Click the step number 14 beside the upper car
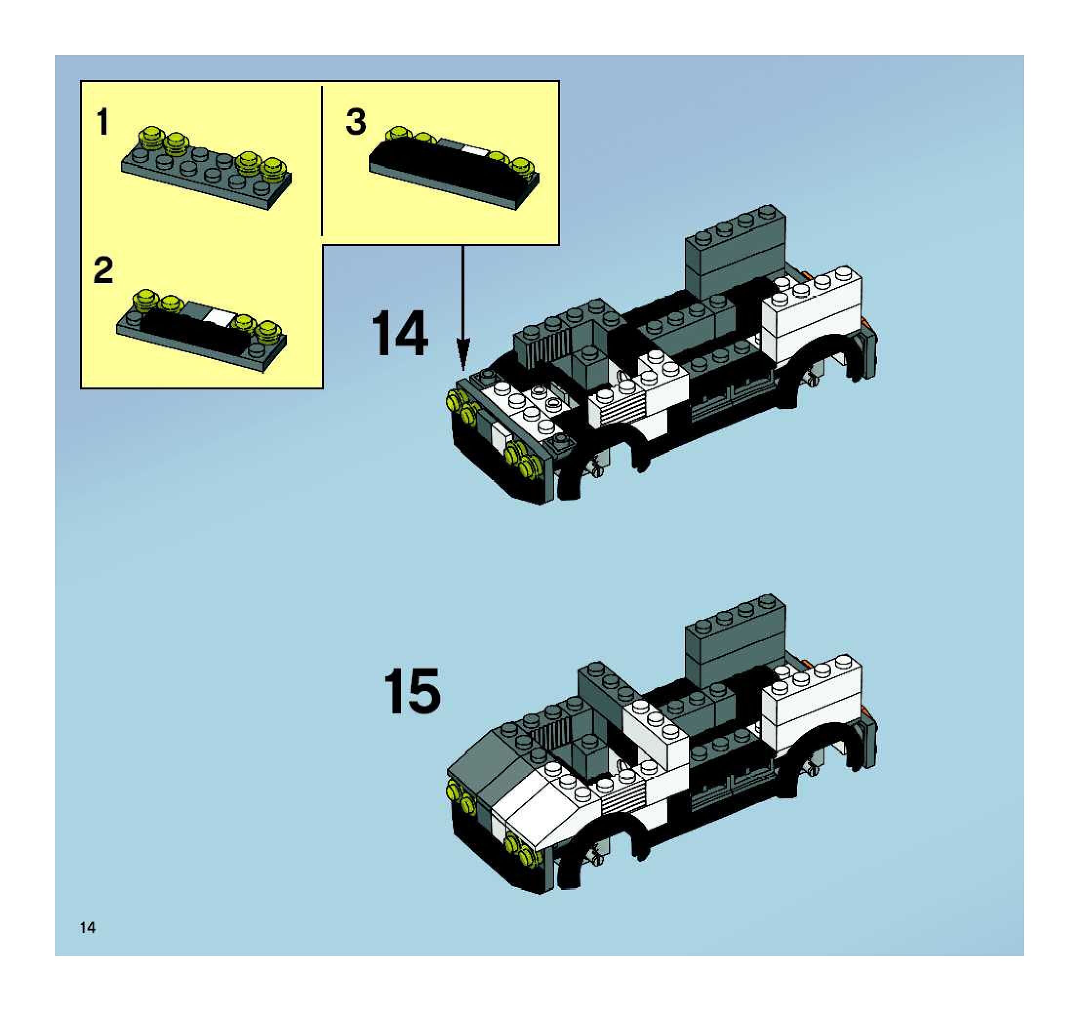[400, 333]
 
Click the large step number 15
[412, 691]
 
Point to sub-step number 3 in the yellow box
[356, 122]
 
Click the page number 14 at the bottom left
[87, 928]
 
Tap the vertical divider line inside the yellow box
[322, 161]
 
